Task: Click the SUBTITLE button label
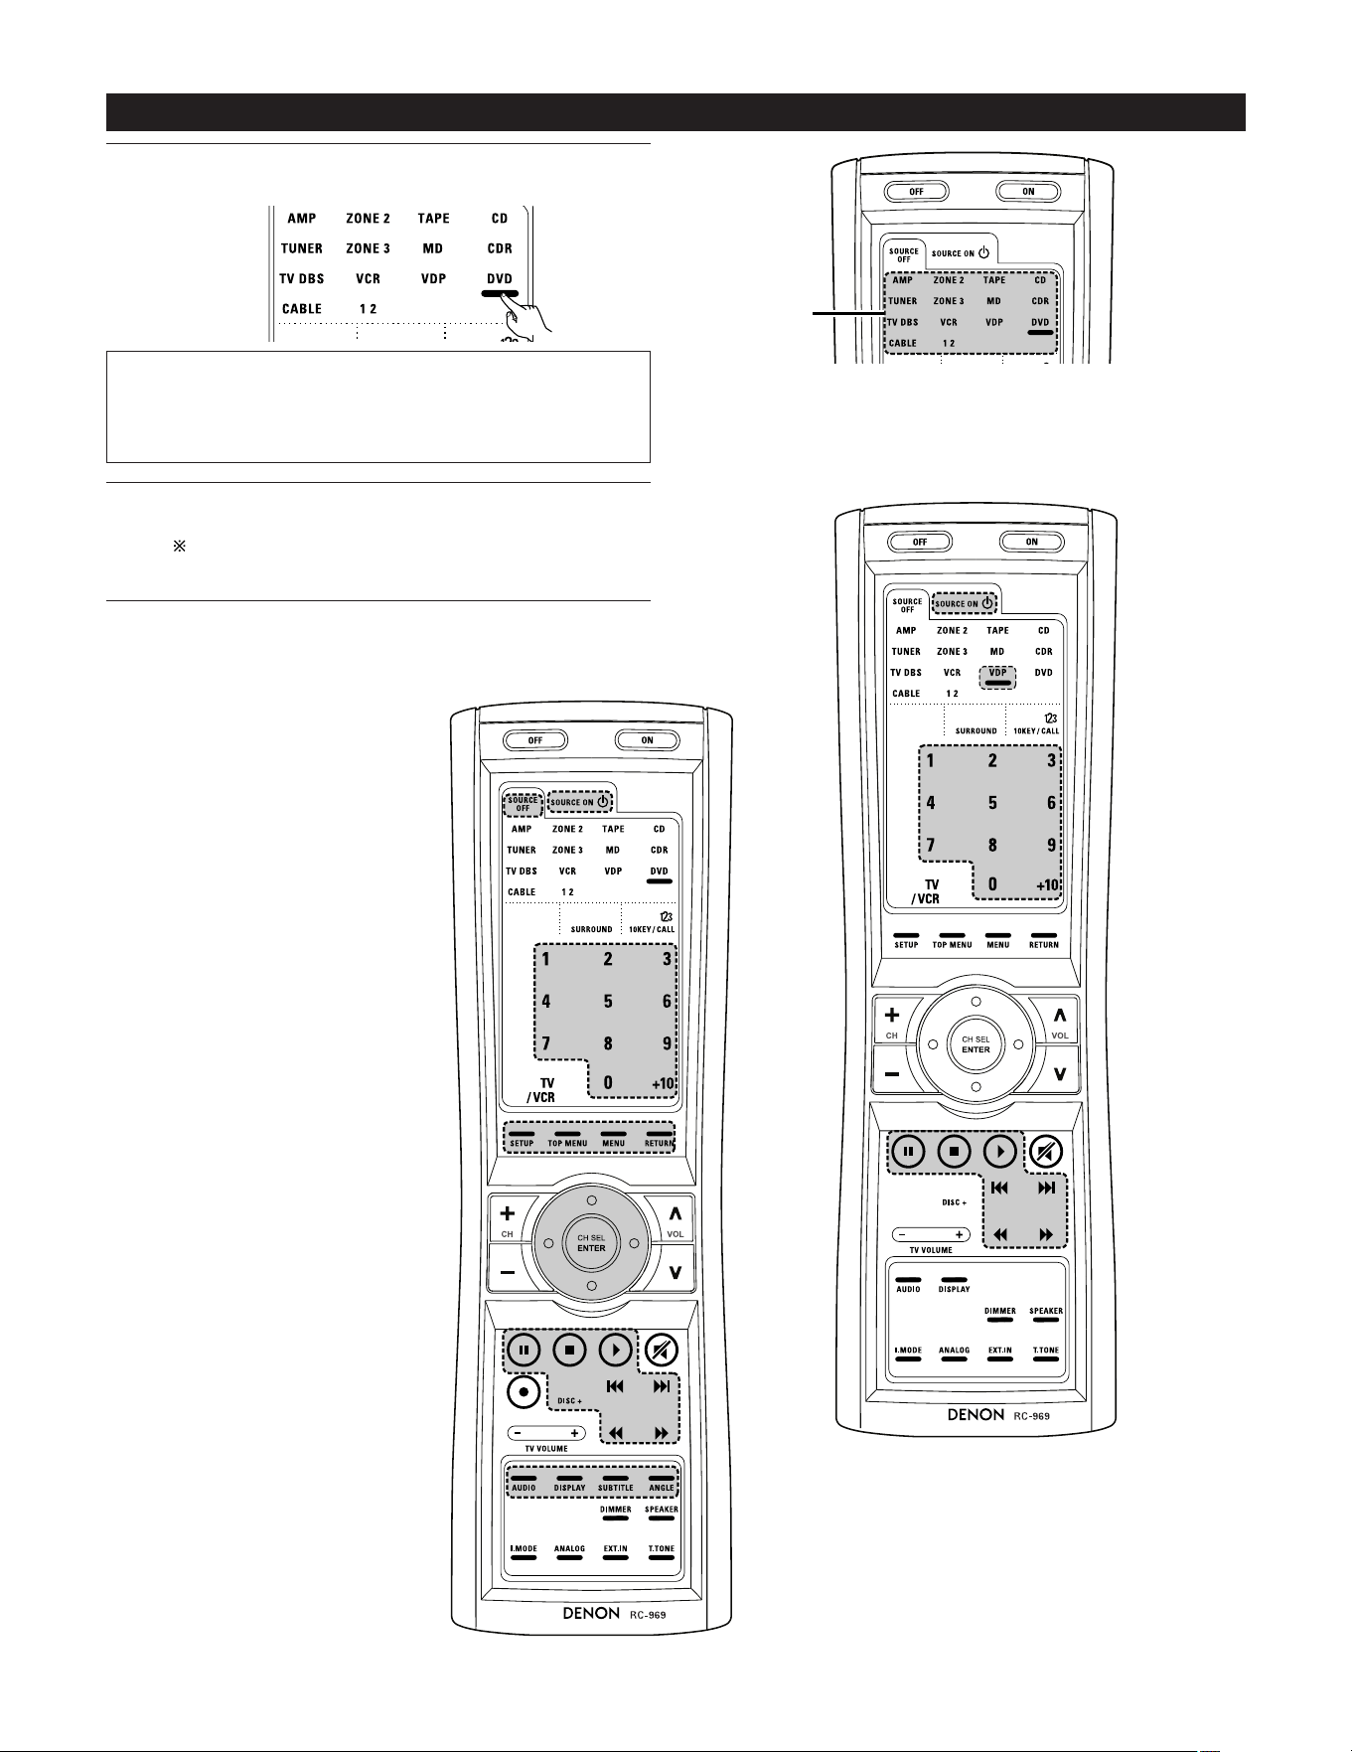[x=616, y=1488]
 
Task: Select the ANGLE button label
[x=662, y=1488]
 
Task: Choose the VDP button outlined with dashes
[x=998, y=676]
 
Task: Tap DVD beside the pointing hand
[x=500, y=279]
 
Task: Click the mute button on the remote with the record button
[x=662, y=1350]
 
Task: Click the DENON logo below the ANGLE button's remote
[x=591, y=1613]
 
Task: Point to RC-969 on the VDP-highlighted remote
[x=1032, y=1415]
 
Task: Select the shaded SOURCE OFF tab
[x=523, y=803]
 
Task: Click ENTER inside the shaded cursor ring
[x=591, y=1248]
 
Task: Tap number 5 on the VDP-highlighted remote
[x=992, y=803]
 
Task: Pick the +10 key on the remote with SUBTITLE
[x=663, y=1083]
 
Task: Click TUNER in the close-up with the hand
[x=301, y=248]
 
